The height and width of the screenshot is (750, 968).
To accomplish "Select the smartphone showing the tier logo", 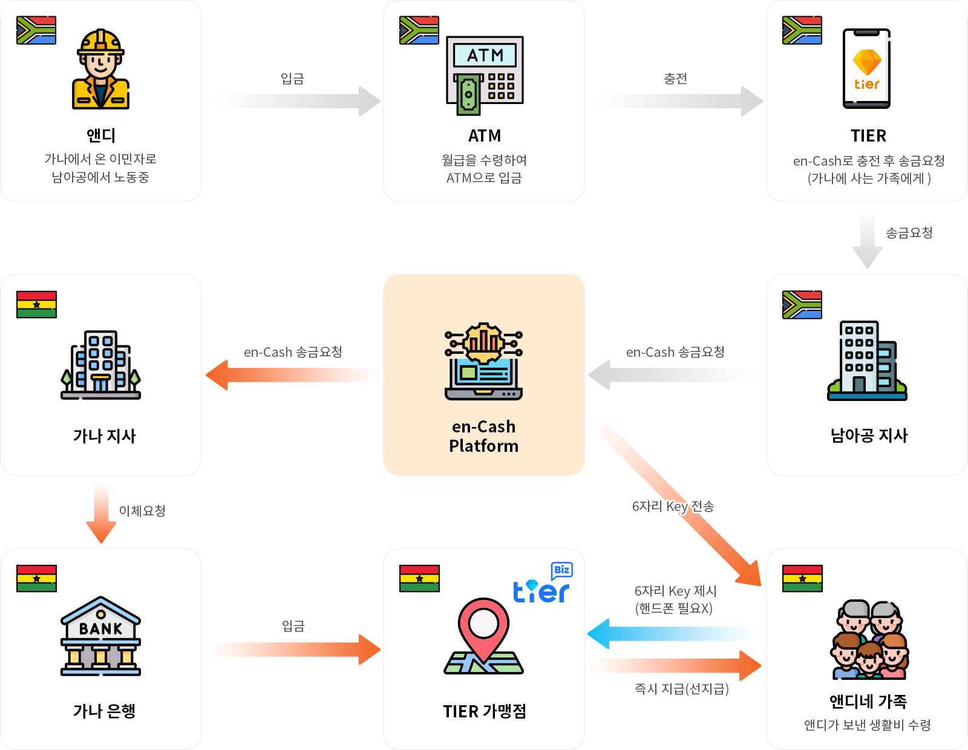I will [866, 68].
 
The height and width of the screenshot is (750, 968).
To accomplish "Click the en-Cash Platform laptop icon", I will [483, 362].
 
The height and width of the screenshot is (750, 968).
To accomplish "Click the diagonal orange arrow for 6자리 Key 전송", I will [684, 508].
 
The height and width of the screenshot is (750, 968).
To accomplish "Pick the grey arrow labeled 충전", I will [678, 101].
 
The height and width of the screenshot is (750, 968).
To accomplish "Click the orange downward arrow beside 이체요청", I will [101, 513].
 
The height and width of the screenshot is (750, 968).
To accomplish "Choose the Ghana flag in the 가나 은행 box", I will [36, 578].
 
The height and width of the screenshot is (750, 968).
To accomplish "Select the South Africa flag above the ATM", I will [419, 30].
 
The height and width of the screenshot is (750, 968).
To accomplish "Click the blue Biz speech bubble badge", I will [561, 570].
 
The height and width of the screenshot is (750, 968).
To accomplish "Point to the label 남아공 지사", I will [868, 435].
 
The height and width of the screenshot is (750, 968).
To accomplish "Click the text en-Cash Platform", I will [483, 436].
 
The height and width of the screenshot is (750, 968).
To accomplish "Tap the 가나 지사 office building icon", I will [100, 365].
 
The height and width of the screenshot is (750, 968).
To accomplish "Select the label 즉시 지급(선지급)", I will [681, 689].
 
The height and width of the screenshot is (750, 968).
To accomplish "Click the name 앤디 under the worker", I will [100, 135].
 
